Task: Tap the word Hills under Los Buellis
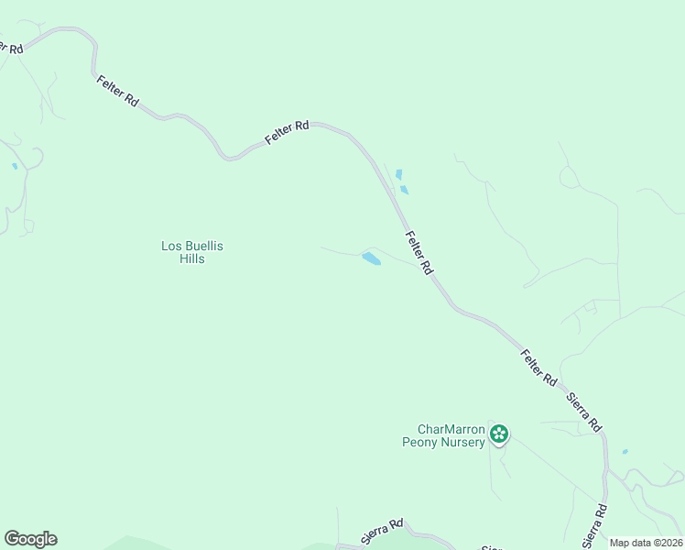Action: (192, 259)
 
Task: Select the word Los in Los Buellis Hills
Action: (171, 246)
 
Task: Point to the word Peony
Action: (422, 442)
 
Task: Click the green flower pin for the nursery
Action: (499, 434)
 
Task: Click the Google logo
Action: (30, 539)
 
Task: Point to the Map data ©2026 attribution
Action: (646, 543)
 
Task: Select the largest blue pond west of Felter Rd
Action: (371, 258)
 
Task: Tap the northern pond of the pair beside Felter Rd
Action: (398, 174)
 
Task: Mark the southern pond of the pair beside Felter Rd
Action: (404, 190)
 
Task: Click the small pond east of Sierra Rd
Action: (625, 452)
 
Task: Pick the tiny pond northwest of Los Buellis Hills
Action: (15, 167)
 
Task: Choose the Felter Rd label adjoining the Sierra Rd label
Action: (538, 367)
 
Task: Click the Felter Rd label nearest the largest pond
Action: (418, 253)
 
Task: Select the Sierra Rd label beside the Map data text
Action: (594, 525)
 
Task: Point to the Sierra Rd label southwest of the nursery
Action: (382, 533)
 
